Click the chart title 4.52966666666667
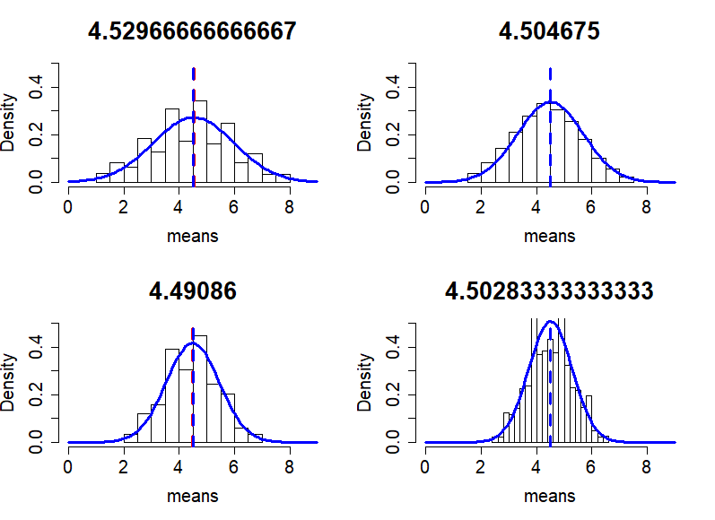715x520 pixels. point(192,31)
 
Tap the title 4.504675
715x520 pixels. point(549,31)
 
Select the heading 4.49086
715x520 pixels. point(192,291)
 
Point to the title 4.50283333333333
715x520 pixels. point(549,291)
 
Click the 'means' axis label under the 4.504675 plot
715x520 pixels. point(549,237)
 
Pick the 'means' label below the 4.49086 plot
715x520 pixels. point(192,496)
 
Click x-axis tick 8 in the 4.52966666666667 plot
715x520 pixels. point(289,206)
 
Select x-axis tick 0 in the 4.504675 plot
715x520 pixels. point(424,206)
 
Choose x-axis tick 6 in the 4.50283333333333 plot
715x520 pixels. point(591,466)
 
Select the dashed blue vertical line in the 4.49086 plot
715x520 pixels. point(193,394)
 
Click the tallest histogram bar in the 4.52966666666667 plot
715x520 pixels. point(200,143)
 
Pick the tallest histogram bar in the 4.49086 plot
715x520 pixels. point(200,390)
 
